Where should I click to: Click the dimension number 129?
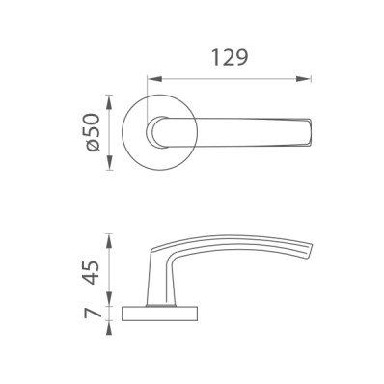pos(230,58)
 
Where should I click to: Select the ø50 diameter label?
pos(93,131)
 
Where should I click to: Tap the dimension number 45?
pos(92,273)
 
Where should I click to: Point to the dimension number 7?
pos(92,313)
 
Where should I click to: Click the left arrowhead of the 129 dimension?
pos(154,79)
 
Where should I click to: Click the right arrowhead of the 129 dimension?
pos(304,79)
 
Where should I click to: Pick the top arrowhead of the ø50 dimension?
pos(110,102)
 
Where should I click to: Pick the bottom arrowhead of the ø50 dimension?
pos(110,162)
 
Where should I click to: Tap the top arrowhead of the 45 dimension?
pos(110,241)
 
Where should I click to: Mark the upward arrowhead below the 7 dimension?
pos(110,328)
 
